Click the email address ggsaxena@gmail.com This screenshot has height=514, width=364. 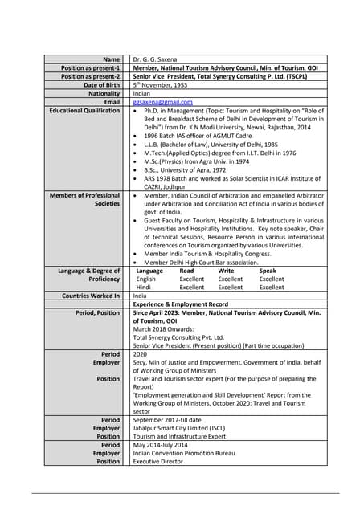click(x=162, y=102)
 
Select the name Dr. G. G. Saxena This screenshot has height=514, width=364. click(x=160, y=60)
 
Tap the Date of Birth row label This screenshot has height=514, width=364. click(x=101, y=85)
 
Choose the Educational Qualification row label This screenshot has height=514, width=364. click(x=84, y=111)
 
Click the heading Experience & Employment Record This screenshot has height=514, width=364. click(x=180, y=304)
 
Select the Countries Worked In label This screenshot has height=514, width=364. click(x=90, y=296)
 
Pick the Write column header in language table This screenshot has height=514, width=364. click(x=227, y=271)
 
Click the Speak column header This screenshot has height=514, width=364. click(x=268, y=271)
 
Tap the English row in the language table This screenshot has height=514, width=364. click(x=146, y=279)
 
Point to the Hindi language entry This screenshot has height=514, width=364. click(x=144, y=287)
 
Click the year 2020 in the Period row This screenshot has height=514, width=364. click(x=141, y=354)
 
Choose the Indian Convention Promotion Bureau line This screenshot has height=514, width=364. click(x=183, y=454)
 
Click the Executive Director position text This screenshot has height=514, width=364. click(x=160, y=462)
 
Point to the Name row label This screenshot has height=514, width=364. click(x=111, y=60)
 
